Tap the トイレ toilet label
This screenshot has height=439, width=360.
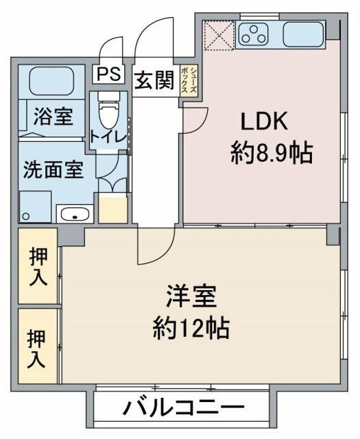tap(106, 137)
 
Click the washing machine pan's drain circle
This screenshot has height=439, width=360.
tap(26, 217)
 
